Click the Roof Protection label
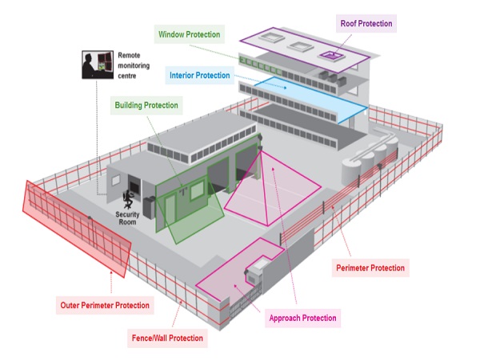pyautogui.click(x=365, y=23)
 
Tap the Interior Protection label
pyautogui.click(x=199, y=76)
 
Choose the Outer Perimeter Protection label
pyautogui.click(x=105, y=306)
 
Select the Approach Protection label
pyautogui.click(x=301, y=318)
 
